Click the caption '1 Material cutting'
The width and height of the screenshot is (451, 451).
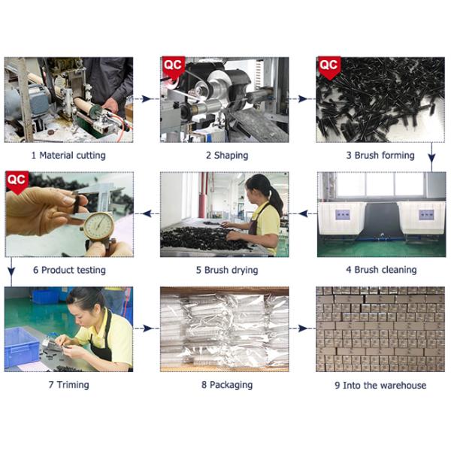tap(68, 156)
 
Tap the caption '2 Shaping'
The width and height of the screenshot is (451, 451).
tap(227, 156)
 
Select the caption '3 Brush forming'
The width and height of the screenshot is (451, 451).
tap(380, 156)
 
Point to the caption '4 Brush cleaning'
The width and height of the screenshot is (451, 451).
tap(381, 270)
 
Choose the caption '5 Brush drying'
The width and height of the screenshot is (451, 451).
tap(227, 270)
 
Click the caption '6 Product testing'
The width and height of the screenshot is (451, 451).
tap(69, 270)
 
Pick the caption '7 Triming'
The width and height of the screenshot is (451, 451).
tap(68, 385)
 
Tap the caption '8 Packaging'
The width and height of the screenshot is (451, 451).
tap(227, 385)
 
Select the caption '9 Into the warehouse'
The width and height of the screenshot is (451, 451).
tap(380, 385)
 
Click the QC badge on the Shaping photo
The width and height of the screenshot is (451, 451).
tap(173, 67)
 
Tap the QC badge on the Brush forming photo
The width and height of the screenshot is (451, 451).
tap(329, 67)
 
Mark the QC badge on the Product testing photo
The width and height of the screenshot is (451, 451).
tap(17, 182)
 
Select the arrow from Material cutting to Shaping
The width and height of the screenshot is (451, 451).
tap(147, 99)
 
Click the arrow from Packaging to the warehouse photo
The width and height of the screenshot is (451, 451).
tap(303, 328)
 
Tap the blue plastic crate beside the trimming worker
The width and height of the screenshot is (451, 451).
tap(21, 347)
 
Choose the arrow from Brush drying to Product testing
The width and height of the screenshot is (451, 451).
tap(147, 213)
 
